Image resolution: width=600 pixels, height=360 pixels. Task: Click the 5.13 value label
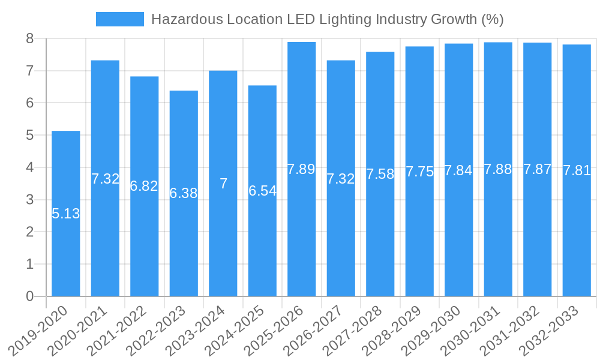[x=66, y=214]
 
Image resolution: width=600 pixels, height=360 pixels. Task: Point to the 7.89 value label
[x=301, y=169]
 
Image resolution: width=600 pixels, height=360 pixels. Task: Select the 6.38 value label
[x=184, y=193]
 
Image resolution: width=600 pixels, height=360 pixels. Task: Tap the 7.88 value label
[x=498, y=169]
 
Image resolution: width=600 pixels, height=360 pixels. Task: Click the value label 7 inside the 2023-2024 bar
[x=223, y=184]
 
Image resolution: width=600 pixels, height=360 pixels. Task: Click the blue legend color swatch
[x=120, y=19]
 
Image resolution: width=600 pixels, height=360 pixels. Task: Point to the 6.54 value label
[x=262, y=191]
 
